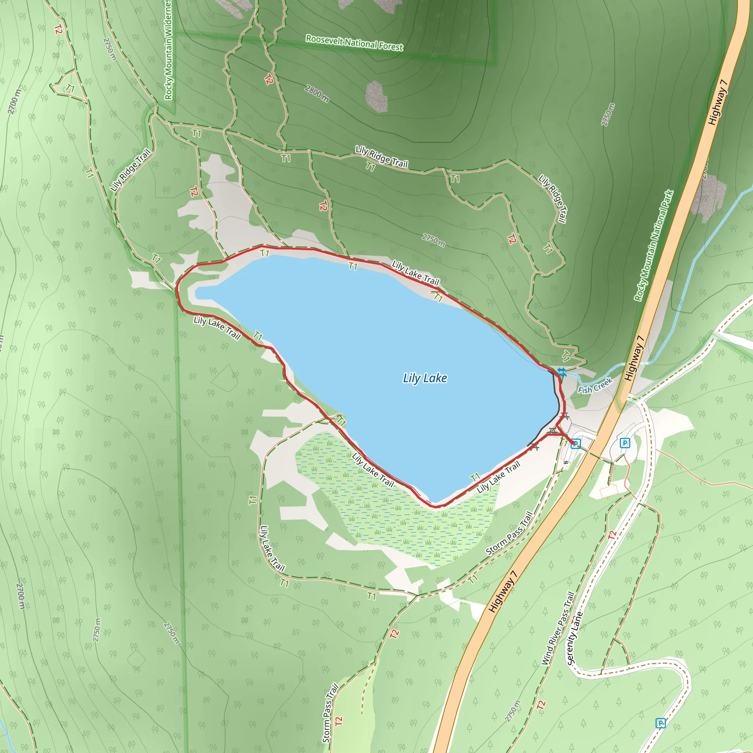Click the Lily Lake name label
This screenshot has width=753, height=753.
tap(425, 378)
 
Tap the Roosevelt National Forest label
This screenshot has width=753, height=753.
tap(354, 43)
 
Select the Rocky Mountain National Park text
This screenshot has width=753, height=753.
tap(654, 246)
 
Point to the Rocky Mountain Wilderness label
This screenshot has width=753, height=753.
tap(168, 50)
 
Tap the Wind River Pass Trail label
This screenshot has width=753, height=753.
tap(558, 628)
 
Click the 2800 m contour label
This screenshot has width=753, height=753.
tap(317, 93)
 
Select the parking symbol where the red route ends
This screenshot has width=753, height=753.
tap(575, 443)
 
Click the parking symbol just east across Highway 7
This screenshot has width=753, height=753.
tap(625, 443)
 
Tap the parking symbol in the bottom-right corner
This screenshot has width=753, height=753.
tap(660, 723)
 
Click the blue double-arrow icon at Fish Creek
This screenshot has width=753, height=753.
tap(561, 371)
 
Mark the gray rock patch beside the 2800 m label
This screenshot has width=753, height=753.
tap(376, 96)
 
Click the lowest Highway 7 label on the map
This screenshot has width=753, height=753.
tap(503, 591)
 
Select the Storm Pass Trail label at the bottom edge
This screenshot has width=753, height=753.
tap(330, 713)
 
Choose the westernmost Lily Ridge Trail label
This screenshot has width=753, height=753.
tap(130, 170)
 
